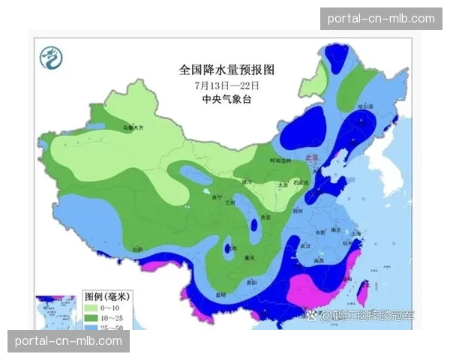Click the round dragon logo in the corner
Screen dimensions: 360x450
tap(52, 56)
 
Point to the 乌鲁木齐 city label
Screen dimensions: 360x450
tap(132, 128)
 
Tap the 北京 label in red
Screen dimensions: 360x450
tap(312, 158)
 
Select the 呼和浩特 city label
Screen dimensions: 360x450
tap(280, 160)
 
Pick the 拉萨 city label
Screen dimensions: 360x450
tap(136, 249)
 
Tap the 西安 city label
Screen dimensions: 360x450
tap(264, 217)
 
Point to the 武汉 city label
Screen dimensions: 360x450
tap(305, 245)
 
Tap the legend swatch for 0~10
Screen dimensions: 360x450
tap(91, 308)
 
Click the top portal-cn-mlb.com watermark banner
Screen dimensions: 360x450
tap(381, 18)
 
